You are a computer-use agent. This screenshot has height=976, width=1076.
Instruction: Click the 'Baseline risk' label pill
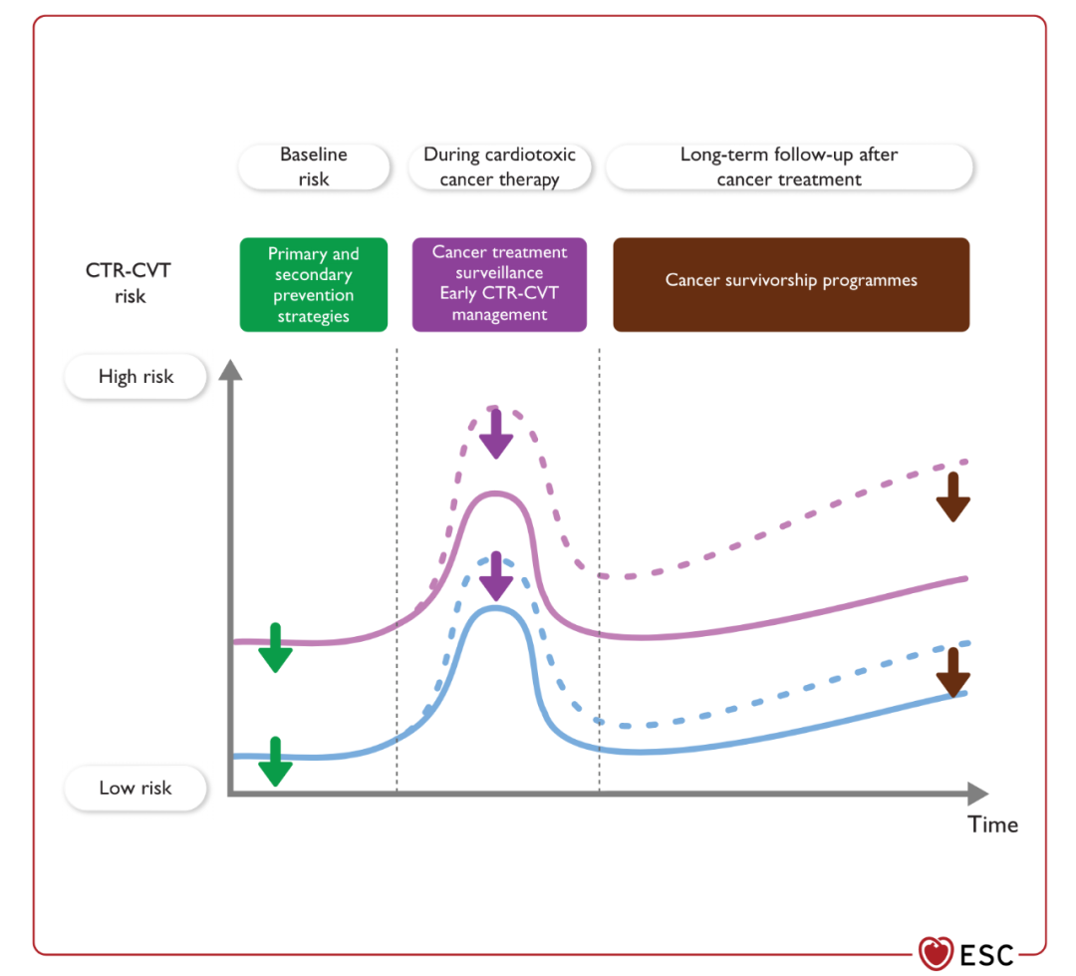coord(314,166)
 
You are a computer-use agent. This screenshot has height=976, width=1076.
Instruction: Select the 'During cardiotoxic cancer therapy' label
coord(499,166)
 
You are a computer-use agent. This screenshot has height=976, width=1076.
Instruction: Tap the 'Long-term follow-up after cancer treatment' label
coord(789,166)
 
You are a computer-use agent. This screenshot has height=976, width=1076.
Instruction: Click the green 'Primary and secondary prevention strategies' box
coord(314,284)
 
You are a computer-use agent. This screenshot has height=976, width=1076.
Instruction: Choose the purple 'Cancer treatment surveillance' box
coord(499,284)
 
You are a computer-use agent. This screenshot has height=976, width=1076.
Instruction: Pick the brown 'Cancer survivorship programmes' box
coord(791,284)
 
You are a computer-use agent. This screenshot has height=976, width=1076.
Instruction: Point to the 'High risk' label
coord(135,377)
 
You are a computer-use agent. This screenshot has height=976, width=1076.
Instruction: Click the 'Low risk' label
coord(135,788)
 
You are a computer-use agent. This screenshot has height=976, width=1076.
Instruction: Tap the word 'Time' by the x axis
coord(992,824)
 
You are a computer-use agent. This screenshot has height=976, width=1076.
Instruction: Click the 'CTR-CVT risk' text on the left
coord(129,283)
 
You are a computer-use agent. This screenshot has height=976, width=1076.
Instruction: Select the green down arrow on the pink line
coord(275,648)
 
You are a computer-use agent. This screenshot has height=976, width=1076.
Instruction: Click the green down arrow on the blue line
coord(275,762)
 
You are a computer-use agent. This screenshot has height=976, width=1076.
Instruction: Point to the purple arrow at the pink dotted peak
coord(496,434)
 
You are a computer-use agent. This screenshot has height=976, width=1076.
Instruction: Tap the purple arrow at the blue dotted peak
coord(496,576)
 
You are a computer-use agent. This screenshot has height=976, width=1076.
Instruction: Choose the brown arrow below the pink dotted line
coord(953,497)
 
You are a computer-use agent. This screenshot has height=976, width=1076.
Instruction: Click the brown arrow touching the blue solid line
coord(953,672)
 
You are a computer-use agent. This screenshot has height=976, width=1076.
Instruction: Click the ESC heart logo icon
coord(936,954)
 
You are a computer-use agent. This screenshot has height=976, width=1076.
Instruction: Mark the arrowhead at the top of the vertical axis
coord(230,370)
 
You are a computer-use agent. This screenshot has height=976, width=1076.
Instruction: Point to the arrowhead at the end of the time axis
coord(978,794)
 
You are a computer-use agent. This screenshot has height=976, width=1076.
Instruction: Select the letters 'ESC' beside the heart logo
coord(986,955)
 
